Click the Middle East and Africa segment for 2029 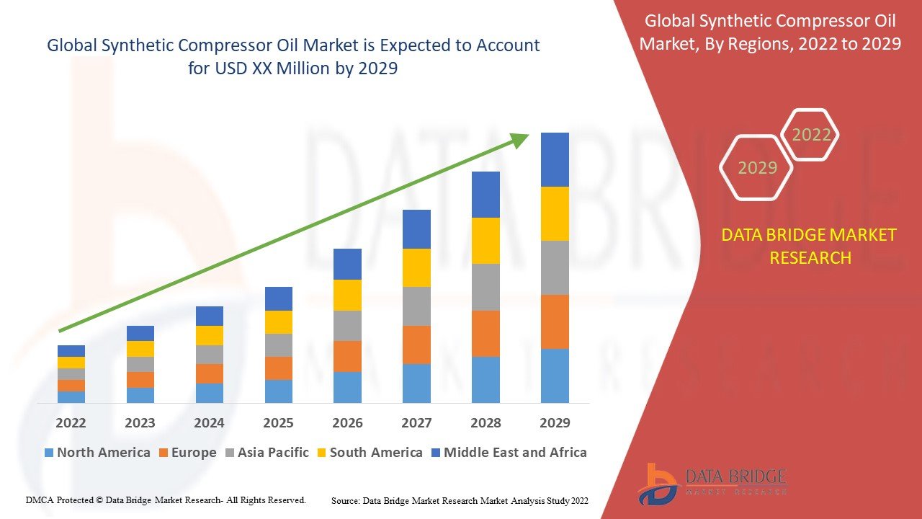tap(555, 159)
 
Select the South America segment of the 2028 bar tap(485, 241)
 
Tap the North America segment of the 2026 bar tap(347, 387)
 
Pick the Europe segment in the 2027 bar tap(416, 345)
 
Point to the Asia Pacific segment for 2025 tap(279, 345)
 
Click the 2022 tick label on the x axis tap(71, 423)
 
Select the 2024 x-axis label tap(209, 423)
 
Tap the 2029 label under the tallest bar tap(555, 423)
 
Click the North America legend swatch tap(49, 453)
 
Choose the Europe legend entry tap(187, 453)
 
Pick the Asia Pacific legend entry tap(267, 453)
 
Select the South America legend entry tap(369, 453)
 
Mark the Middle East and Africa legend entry tap(509, 453)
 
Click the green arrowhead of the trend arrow tap(520, 140)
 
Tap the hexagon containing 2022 tap(811, 135)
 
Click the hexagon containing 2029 tap(757, 168)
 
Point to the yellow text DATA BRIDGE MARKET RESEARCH tap(810, 247)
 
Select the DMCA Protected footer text tap(166, 500)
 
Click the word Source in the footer tap(345, 500)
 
